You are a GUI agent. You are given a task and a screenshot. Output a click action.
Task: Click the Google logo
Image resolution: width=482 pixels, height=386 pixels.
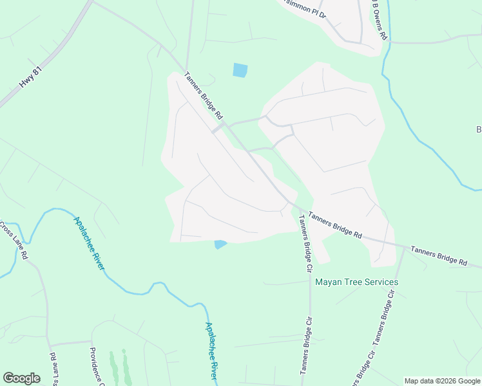(x=21, y=378)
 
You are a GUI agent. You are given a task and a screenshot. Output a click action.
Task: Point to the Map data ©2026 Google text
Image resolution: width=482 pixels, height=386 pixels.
(x=442, y=381)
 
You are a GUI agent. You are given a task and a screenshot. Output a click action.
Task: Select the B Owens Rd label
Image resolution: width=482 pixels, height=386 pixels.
(x=379, y=19)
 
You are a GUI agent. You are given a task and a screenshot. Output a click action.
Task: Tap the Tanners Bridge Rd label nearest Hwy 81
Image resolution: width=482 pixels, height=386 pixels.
(x=202, y=95)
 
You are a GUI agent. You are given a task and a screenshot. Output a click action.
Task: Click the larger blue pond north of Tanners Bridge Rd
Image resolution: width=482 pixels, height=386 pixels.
(x=240, y=70)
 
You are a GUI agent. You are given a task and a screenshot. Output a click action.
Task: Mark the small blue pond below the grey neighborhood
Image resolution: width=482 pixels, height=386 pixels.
(x=220, y=244)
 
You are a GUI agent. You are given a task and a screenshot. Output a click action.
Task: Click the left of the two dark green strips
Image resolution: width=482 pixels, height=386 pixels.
(x=113, y=367)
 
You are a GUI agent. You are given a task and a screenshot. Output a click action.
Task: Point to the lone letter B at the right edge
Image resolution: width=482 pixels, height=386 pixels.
(x=479, y=130)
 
